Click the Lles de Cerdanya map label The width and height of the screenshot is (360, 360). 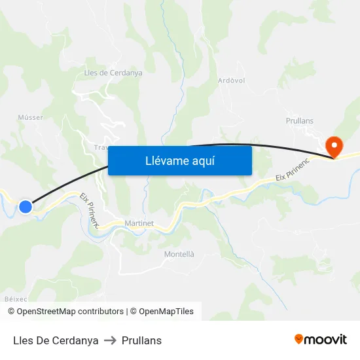click(x=113, y=73)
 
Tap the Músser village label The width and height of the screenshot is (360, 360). click(x=30, y=117)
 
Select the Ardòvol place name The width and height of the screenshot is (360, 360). click(x=231, y=81)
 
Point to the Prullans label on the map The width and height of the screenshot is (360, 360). click(x=300, y=121)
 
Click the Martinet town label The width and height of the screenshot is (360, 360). click(x=139, y=223)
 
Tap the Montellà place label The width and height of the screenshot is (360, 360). click(x=179, y=254)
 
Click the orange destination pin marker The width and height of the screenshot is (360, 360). click(x=334, y=147)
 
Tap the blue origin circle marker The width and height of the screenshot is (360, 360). click(x=26, y=207)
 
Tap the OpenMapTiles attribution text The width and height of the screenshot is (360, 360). click(x=166, y=312)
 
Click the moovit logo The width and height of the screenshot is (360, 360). click(x=321, y=340)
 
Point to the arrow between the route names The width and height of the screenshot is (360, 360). click(x=110, y=340)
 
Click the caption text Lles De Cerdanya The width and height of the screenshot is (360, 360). click(x=56, y=340)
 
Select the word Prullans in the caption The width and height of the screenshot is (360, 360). click(x=141, y=340)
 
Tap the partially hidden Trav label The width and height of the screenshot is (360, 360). click(x=101, y=148)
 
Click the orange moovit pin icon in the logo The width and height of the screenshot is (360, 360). click(x=299, y=340)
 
